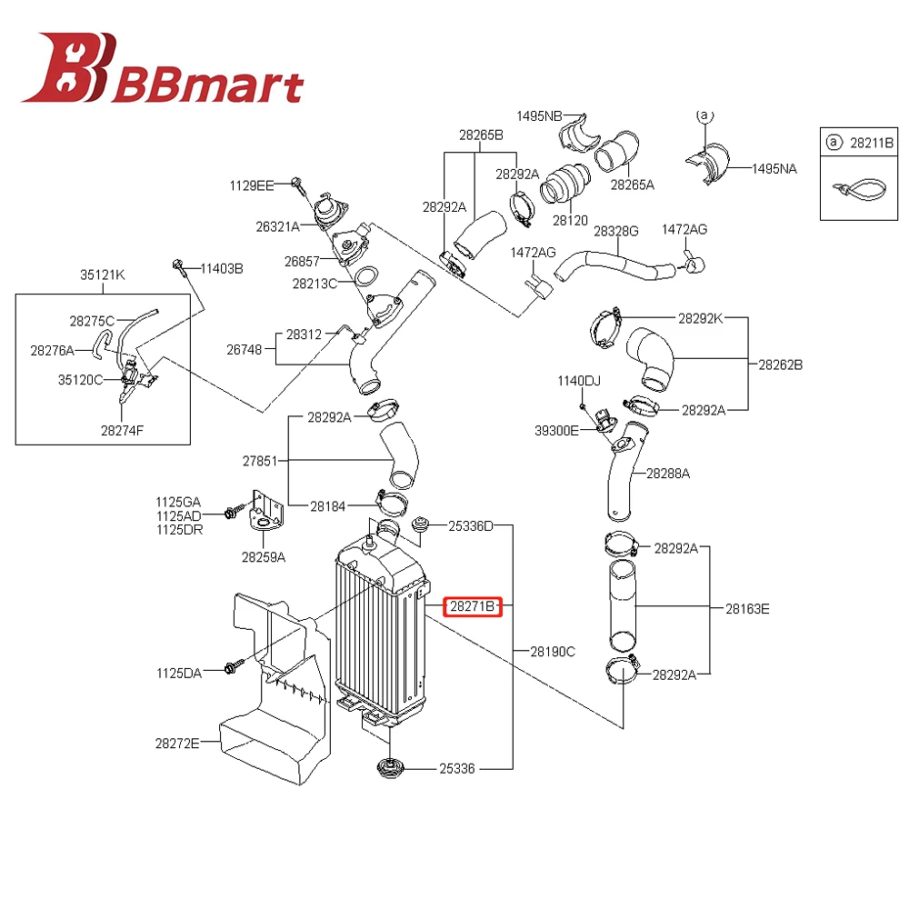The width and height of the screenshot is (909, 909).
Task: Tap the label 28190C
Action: coord(554,652)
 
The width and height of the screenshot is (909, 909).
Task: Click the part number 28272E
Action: coord(176,743)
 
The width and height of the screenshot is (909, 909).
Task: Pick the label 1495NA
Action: coord(774,168)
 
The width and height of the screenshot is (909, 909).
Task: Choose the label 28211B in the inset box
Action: coord(873,142)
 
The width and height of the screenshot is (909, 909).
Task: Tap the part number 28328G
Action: coord(616,232)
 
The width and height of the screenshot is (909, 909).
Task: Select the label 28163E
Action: coord(747,609)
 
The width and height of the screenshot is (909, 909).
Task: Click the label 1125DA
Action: coord(178,673)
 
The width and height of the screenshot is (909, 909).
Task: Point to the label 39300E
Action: coord(556,430)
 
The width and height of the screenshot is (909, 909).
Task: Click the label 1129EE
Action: coord(251,185)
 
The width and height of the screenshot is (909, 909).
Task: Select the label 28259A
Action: coord(264,556)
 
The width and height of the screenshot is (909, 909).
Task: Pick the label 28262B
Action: coord(781,365)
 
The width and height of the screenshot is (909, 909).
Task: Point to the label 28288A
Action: coord(668,474)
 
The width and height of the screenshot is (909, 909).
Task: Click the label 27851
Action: coord(261,461)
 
